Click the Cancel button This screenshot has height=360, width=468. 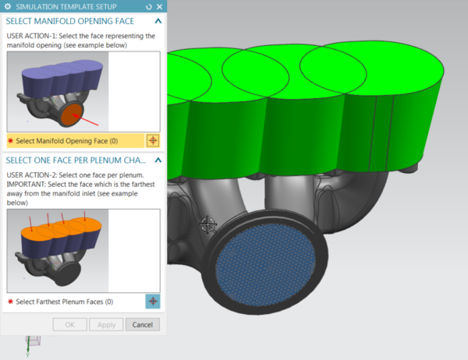click(x=143, y=324)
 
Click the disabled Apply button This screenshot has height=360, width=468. click(x=107, y=324)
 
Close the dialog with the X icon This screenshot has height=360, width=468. click(x=159, y=5)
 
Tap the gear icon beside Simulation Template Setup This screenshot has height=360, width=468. click(x=9, y=5)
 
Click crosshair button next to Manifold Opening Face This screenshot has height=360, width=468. click(x=153, y=141)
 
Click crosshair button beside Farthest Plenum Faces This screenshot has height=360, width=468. click(x=153, y=301)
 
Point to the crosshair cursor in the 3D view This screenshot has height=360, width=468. click(x=208, y=225)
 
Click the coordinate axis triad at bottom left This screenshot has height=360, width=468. click(x=33, y=344)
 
